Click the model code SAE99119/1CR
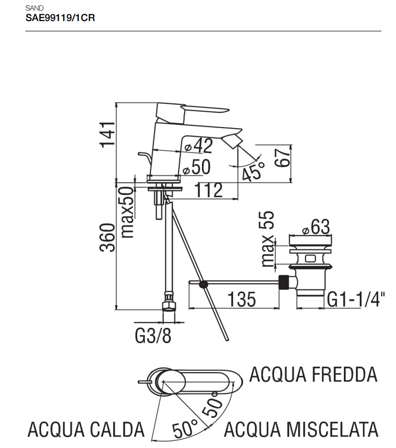tap(60, 17)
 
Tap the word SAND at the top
tap(34, 8)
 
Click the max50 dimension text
tap(127, 212)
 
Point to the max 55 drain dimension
tap(268, 238)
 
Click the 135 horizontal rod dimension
tap(241, 299)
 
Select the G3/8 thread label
tap(153, 336)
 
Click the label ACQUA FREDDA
tap(313, 374)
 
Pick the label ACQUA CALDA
tap(86, 429)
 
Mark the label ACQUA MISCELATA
tap(302, 429)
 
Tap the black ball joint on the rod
tap(204, 285)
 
